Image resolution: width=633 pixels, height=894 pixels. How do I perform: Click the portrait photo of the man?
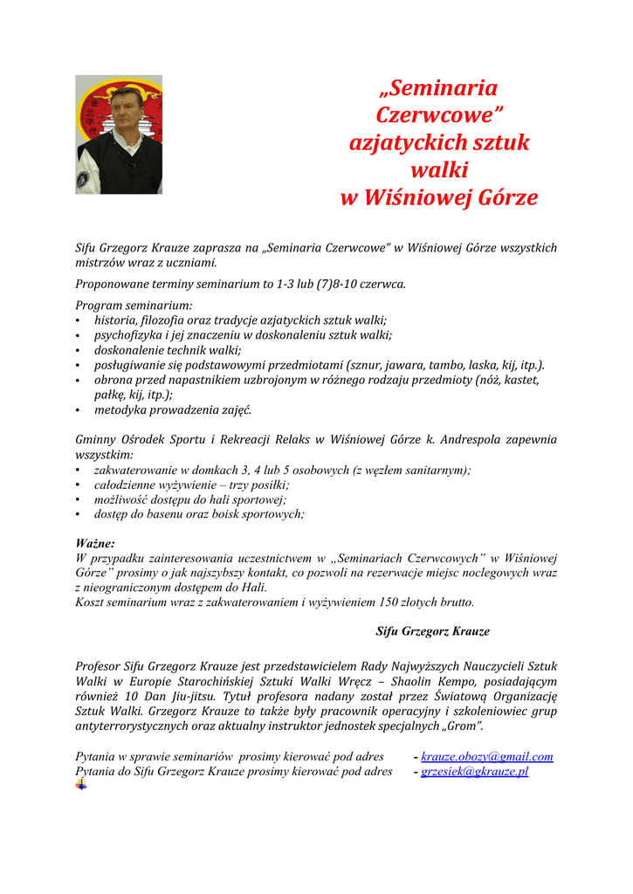(119, 134)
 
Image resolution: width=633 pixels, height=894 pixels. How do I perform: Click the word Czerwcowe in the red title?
(439, 115)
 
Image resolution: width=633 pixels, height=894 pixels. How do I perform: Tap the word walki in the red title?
(439, 170)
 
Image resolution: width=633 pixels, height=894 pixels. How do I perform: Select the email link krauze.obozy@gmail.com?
(487, 757)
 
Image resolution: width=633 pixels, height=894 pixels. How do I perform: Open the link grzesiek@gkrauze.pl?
(474, 772)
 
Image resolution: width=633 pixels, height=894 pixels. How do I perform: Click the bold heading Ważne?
(95, 543)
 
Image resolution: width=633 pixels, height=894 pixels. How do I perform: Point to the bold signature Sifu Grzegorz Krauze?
(432, 631)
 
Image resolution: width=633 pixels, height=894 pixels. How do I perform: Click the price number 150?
(389, 602)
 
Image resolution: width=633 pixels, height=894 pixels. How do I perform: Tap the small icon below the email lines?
(81, 785)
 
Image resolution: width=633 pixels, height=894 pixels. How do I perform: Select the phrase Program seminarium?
(134, 306)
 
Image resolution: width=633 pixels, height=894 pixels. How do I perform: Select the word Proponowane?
(112, 284)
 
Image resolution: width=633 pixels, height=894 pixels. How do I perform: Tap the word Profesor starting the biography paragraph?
(98, 666)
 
